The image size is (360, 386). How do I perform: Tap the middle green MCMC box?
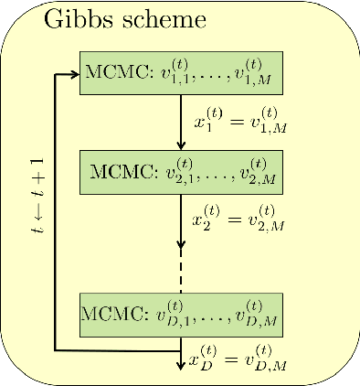tap(180, 170)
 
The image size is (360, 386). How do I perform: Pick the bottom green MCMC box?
tap(180, 315)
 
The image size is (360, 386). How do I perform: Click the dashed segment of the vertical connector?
tap(181, 272)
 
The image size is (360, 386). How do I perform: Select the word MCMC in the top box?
tap(108, 73)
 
